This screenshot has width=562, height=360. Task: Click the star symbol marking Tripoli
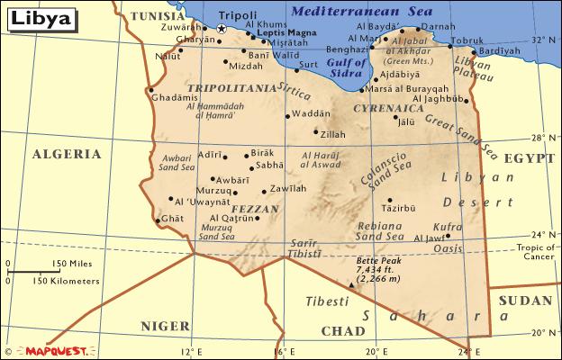coord(222,29)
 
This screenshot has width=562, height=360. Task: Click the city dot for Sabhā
coord(253,166)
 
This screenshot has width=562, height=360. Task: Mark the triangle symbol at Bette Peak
coord(351,284)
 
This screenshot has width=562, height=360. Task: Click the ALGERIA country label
coord(67,154)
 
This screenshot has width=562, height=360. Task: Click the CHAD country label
coord(343,330)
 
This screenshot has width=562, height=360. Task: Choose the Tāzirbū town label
coord(399,208)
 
